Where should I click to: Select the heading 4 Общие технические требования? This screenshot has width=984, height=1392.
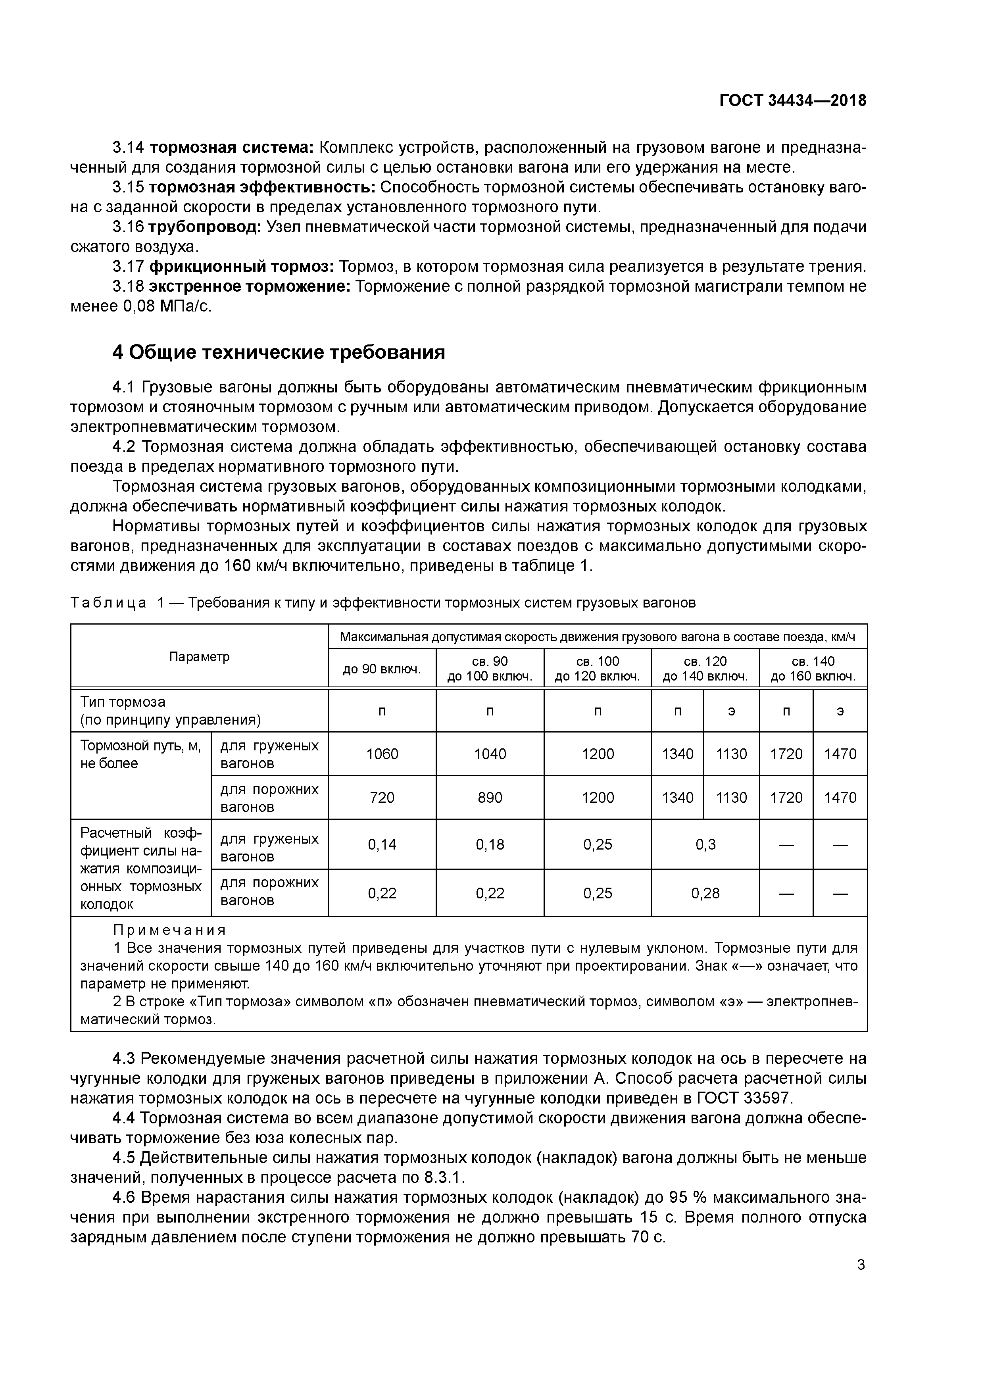click(x=279, y=352)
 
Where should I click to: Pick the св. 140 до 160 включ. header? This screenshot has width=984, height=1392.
click(x=813, y=669)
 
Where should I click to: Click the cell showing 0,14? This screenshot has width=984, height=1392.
click(x=382, y=844)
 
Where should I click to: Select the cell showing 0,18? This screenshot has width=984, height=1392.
click(x=490, y=844)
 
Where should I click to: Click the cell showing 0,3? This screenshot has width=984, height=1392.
click(x=705, y=844)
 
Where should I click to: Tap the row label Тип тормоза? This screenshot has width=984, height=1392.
click(x=123, y=702)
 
